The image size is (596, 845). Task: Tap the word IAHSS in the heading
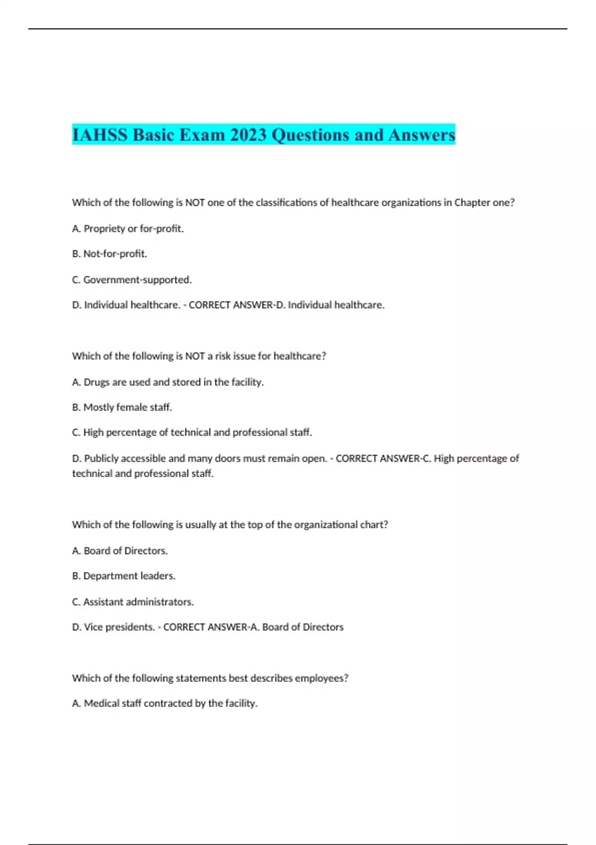[100, 135]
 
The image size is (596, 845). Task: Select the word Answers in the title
[422, 135]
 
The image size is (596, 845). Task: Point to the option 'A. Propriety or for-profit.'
[128, 229]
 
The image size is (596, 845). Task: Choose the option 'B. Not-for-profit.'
[109, 254]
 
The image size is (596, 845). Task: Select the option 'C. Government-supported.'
[132, 280]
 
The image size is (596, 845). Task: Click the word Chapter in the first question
[472, 203]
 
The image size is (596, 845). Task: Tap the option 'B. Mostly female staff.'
[122, 408]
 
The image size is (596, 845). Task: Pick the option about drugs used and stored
[167, 382]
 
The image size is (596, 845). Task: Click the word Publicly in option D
[101, 458]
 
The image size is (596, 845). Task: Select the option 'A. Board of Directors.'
[120, 551]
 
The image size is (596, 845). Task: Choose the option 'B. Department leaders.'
[124, 576]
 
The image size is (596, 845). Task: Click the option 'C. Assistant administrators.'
[133, 602]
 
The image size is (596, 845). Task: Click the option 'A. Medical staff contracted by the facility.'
[164, 703]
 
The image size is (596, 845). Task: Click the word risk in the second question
[223, 356]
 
